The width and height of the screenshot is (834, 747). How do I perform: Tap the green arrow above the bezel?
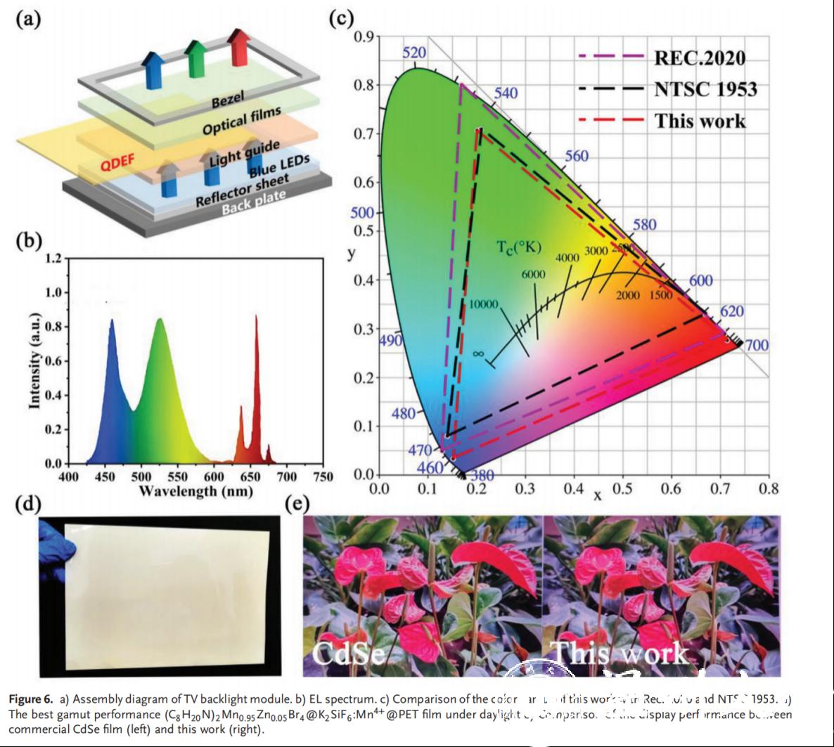tap(196, 56)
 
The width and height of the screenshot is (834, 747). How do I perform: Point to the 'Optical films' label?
tap(241, 120)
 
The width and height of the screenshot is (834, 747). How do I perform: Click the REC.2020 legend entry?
tap(699, 57)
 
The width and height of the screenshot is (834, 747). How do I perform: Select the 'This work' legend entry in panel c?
tap(700, 120)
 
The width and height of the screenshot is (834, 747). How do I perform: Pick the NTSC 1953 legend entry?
tap(705, 89)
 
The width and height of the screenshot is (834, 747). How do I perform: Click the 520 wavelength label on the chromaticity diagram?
tap(414, 53)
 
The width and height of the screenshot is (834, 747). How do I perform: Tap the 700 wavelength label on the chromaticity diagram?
tap(757, 345)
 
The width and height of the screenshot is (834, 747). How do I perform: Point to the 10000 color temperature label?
tap(484, 304)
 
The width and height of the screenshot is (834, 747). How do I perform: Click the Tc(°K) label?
tap(519, 247)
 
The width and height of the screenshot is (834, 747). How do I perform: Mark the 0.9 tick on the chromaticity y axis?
tap(363, 37)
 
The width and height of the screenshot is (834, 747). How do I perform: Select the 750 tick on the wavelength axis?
tap(322, 477)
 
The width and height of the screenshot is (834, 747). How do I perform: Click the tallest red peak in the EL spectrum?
tap(256, 318)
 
